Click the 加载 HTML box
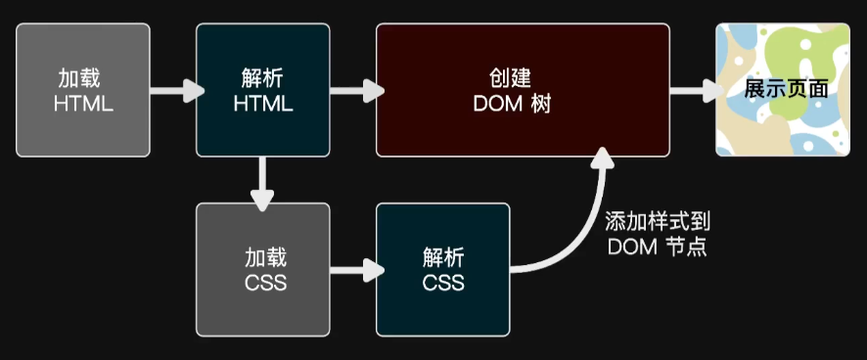pos(83,90)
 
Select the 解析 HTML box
pos(262,90)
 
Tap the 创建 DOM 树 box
pos(523,90)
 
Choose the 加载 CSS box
pos(262,270)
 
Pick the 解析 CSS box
pos(442,270)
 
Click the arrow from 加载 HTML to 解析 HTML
pos(176,91)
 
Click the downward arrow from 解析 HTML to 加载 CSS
pos(262,183)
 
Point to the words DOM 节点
pos(657,247)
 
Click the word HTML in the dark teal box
pos(263,103)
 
